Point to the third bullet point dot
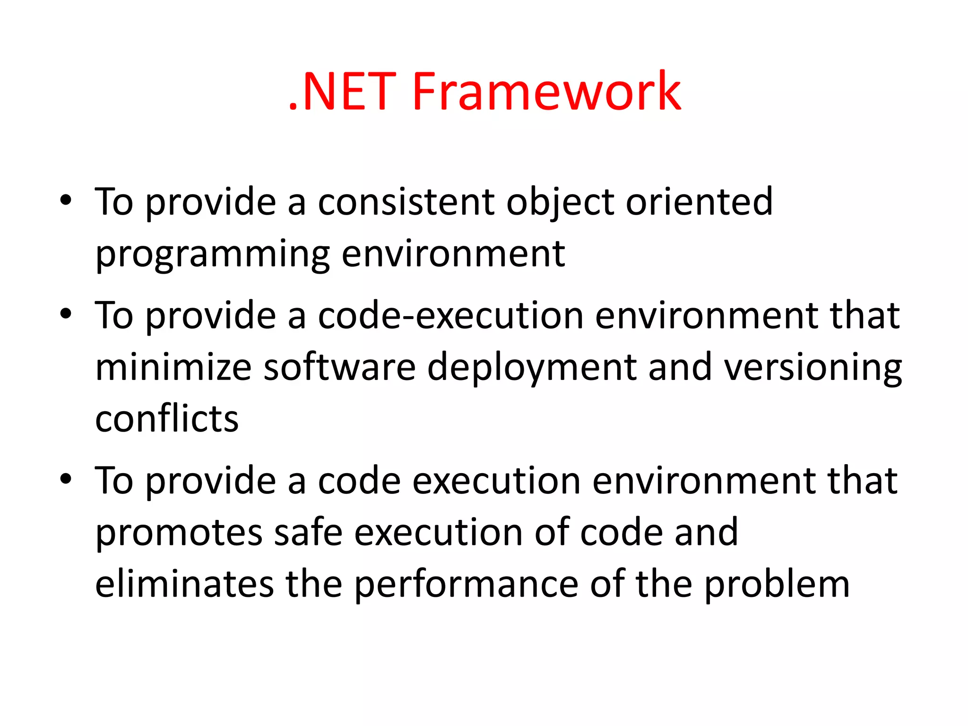[x=66, y=478]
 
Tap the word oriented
[x=699, y=202]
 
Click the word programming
[x=212, y=255]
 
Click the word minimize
[x=173, y=367]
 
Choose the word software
[x=339, y=367]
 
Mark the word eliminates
[x=184, y=584]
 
